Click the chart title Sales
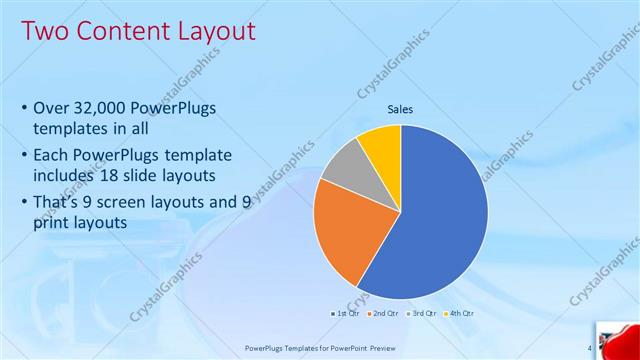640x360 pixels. [400, 109]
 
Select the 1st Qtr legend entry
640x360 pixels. [344, 313]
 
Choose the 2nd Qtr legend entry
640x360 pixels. [382, 313]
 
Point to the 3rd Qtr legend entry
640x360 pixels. [421, 313]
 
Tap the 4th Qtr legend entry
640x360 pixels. [459, 313]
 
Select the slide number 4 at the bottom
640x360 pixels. [589, 348]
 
